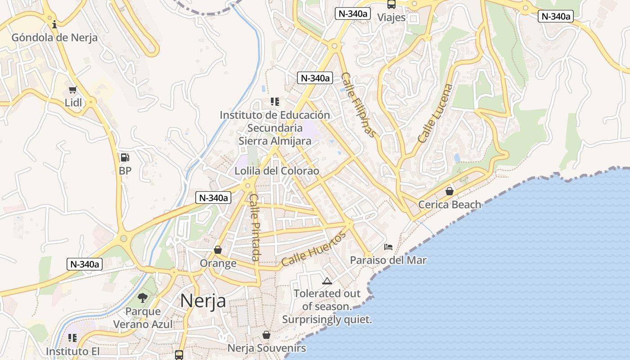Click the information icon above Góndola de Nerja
pos(54,24)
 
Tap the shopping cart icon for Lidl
pos(72,90)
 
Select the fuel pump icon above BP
pos(125,157)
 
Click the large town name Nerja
pos(203,301)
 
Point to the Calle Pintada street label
pos(255,227)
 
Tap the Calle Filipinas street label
pos(358,105)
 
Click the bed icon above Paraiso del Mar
pos(388,247)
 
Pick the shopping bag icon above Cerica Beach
pos(449,191)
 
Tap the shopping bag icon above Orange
pos(218,250)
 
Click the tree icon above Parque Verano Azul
pos(143,297)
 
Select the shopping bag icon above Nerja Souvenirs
pos(266,335)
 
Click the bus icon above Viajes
pos(391,4)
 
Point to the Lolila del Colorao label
pos(277,171)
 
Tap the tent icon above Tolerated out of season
pos(327,281)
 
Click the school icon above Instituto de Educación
pos(274,102)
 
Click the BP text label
pos(125,171)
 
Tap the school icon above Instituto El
pos(72,337)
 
